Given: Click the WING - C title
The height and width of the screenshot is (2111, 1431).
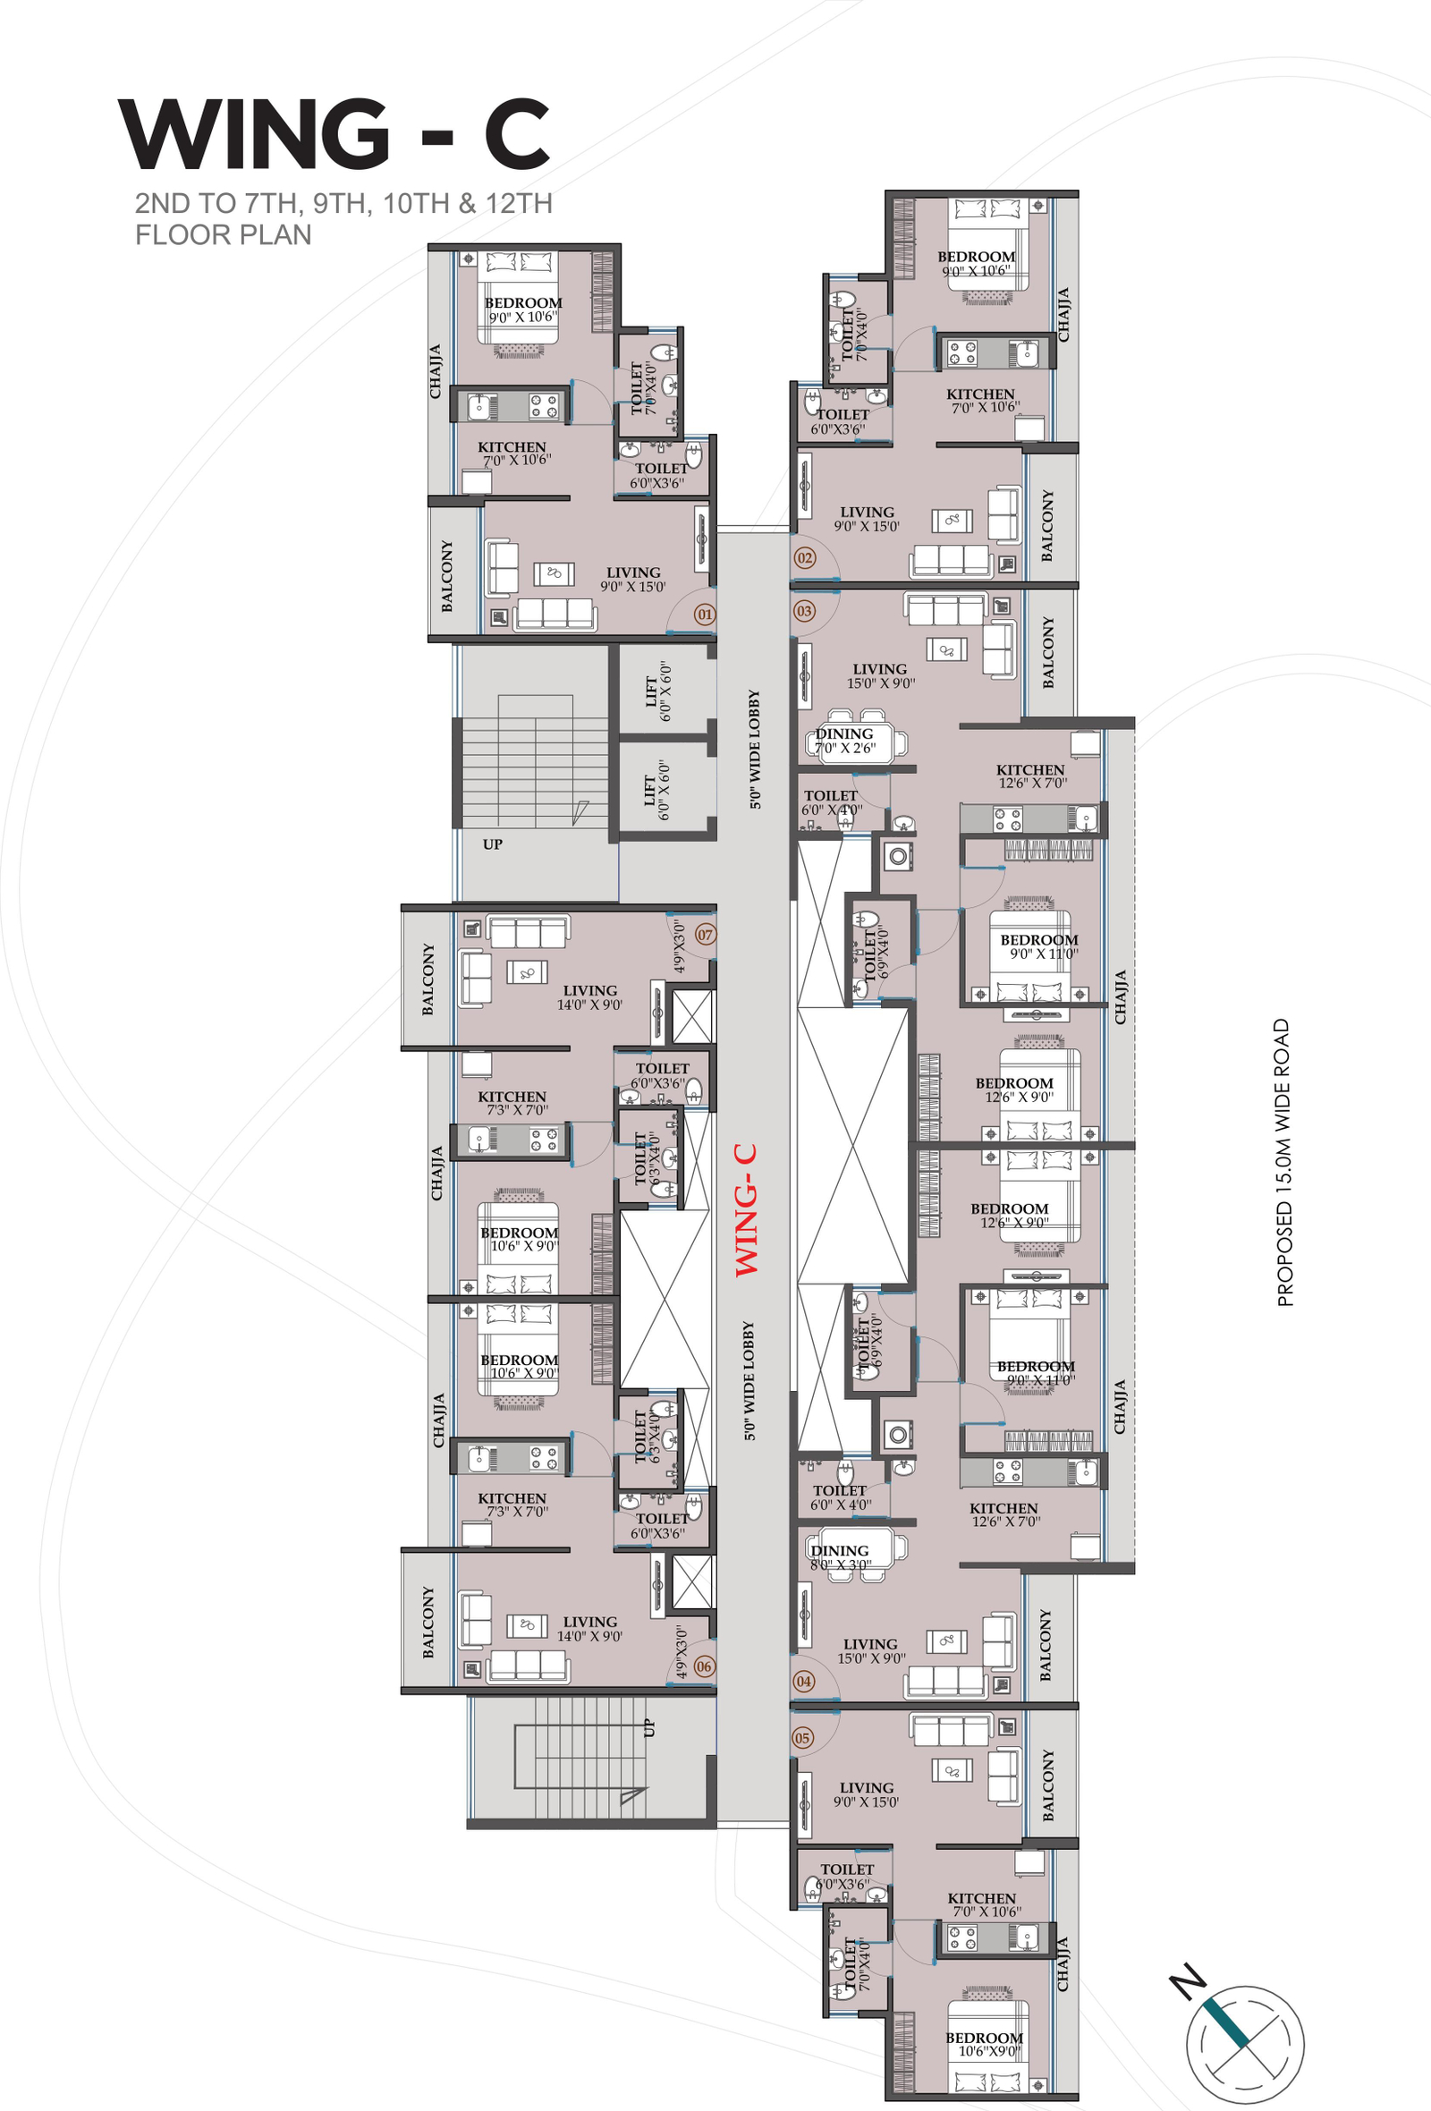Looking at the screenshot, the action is click(x=334, y=134).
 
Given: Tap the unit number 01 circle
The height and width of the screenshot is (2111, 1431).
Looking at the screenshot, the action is click(x=705, y=614).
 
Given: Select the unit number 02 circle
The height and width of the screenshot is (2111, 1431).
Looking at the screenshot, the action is click(x=804, y=558).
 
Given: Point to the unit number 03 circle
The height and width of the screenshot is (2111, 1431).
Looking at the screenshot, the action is click(x=804, y=610).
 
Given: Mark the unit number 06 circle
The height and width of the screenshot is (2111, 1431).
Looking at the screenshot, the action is click(x=704, y=1666).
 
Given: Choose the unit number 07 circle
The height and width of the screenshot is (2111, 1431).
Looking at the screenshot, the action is click(x=706, y=934).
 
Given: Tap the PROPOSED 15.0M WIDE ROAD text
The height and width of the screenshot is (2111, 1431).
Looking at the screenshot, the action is click(x=1283, y=1163).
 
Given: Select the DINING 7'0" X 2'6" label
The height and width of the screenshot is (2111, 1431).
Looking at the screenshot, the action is click(x=844, y=741).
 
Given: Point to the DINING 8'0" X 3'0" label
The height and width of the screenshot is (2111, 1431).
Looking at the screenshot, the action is click(x=840, y=1557).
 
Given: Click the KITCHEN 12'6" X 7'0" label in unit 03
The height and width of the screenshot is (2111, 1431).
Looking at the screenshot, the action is click(x=1030, y=776).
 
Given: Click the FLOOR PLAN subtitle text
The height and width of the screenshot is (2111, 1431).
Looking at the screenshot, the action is click(x=224, y=234).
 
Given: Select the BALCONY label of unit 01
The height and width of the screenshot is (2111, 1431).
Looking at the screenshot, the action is click(x=446, y=576).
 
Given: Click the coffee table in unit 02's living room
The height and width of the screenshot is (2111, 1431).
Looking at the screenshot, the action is click(x=952, y=521).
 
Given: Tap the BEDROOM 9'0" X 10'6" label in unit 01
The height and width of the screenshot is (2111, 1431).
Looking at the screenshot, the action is click(x=523, y=309).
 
